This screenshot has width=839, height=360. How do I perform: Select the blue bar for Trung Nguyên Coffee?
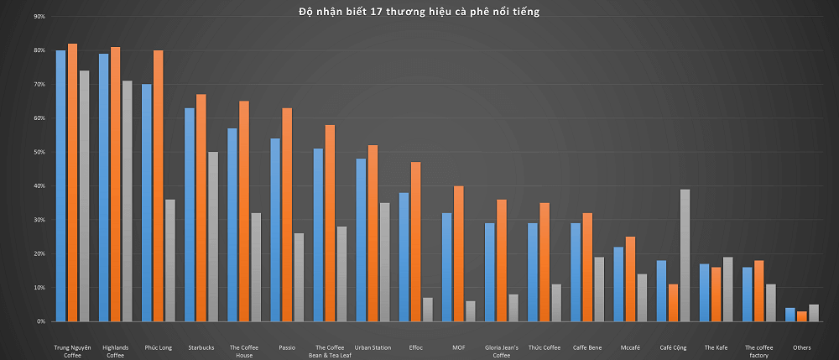point(60,185)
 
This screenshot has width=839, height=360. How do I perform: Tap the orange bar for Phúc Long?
point(159,185)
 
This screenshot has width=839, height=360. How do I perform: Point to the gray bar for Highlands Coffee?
point(126,201)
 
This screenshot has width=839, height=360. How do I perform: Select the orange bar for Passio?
point(287,215)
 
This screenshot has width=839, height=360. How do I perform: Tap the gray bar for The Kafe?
point(727,289)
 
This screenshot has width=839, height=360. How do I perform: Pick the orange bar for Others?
point(802,316)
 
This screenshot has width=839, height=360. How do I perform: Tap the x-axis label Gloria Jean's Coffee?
point(502,351)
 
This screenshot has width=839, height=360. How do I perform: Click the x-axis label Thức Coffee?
point(545,347)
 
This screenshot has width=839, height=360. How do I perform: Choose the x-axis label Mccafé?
point(630,347)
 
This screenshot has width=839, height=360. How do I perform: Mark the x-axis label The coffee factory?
point(758,351)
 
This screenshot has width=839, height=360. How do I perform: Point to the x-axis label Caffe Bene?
point(587,347)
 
